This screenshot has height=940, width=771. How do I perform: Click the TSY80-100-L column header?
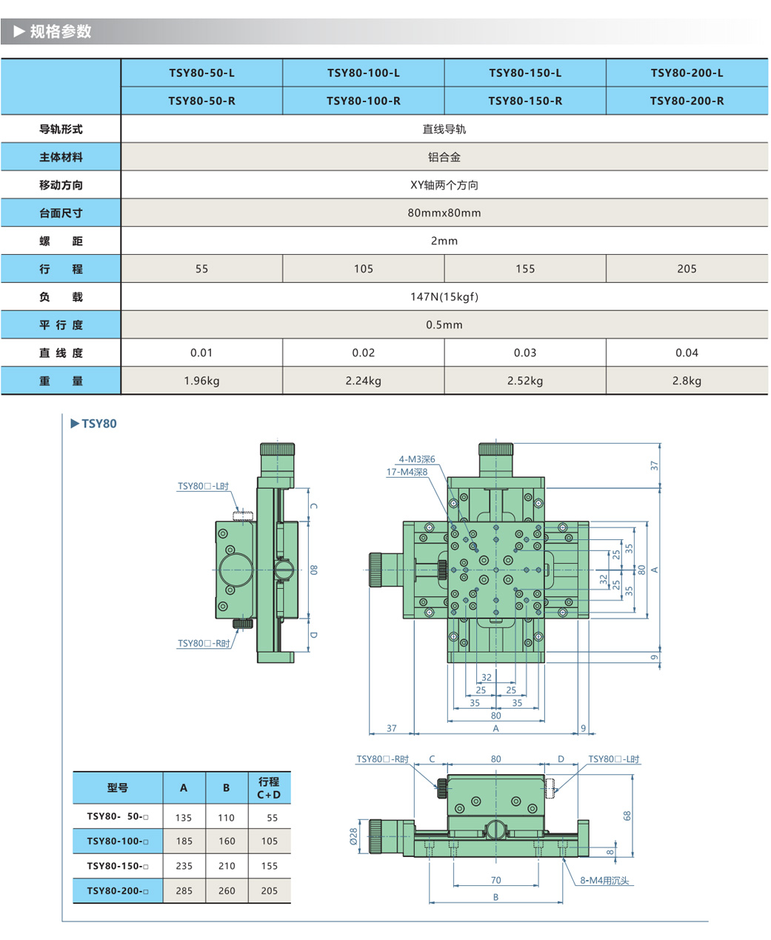[x=363, y=73]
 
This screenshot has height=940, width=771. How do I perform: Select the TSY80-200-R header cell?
[x=687, y=101]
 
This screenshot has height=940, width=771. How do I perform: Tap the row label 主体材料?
[x=61, y=157]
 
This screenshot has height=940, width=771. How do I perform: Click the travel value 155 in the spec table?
[x=525, y=269]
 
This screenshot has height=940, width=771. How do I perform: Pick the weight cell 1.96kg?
[x=201, y=381]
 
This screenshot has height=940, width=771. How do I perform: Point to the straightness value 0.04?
[x=687, y=353]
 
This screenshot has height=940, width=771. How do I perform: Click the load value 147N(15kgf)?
[x=444, y=297]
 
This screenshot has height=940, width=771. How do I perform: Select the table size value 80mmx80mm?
[x=444, y=213]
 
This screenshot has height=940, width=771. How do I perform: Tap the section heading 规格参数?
[x=61, y=31]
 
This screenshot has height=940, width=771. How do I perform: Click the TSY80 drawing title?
[x=99, y=424]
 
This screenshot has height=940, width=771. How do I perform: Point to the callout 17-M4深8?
[x=407, y=472]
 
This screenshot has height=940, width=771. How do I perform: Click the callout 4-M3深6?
[x=417, y=459]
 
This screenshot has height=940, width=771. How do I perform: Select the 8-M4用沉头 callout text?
[x=604, y=881]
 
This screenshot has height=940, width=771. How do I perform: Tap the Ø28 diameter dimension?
[x=354, y=836]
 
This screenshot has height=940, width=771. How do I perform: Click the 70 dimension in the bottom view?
[x=495, y=880]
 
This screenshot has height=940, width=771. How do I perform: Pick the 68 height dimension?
[x=627, y=815]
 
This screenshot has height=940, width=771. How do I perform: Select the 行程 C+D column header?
[x=269, y=788]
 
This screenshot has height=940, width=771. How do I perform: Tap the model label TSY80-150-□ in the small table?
[x=117, y=866]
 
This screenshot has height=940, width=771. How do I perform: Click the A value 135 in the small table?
[x=184, y=818]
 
